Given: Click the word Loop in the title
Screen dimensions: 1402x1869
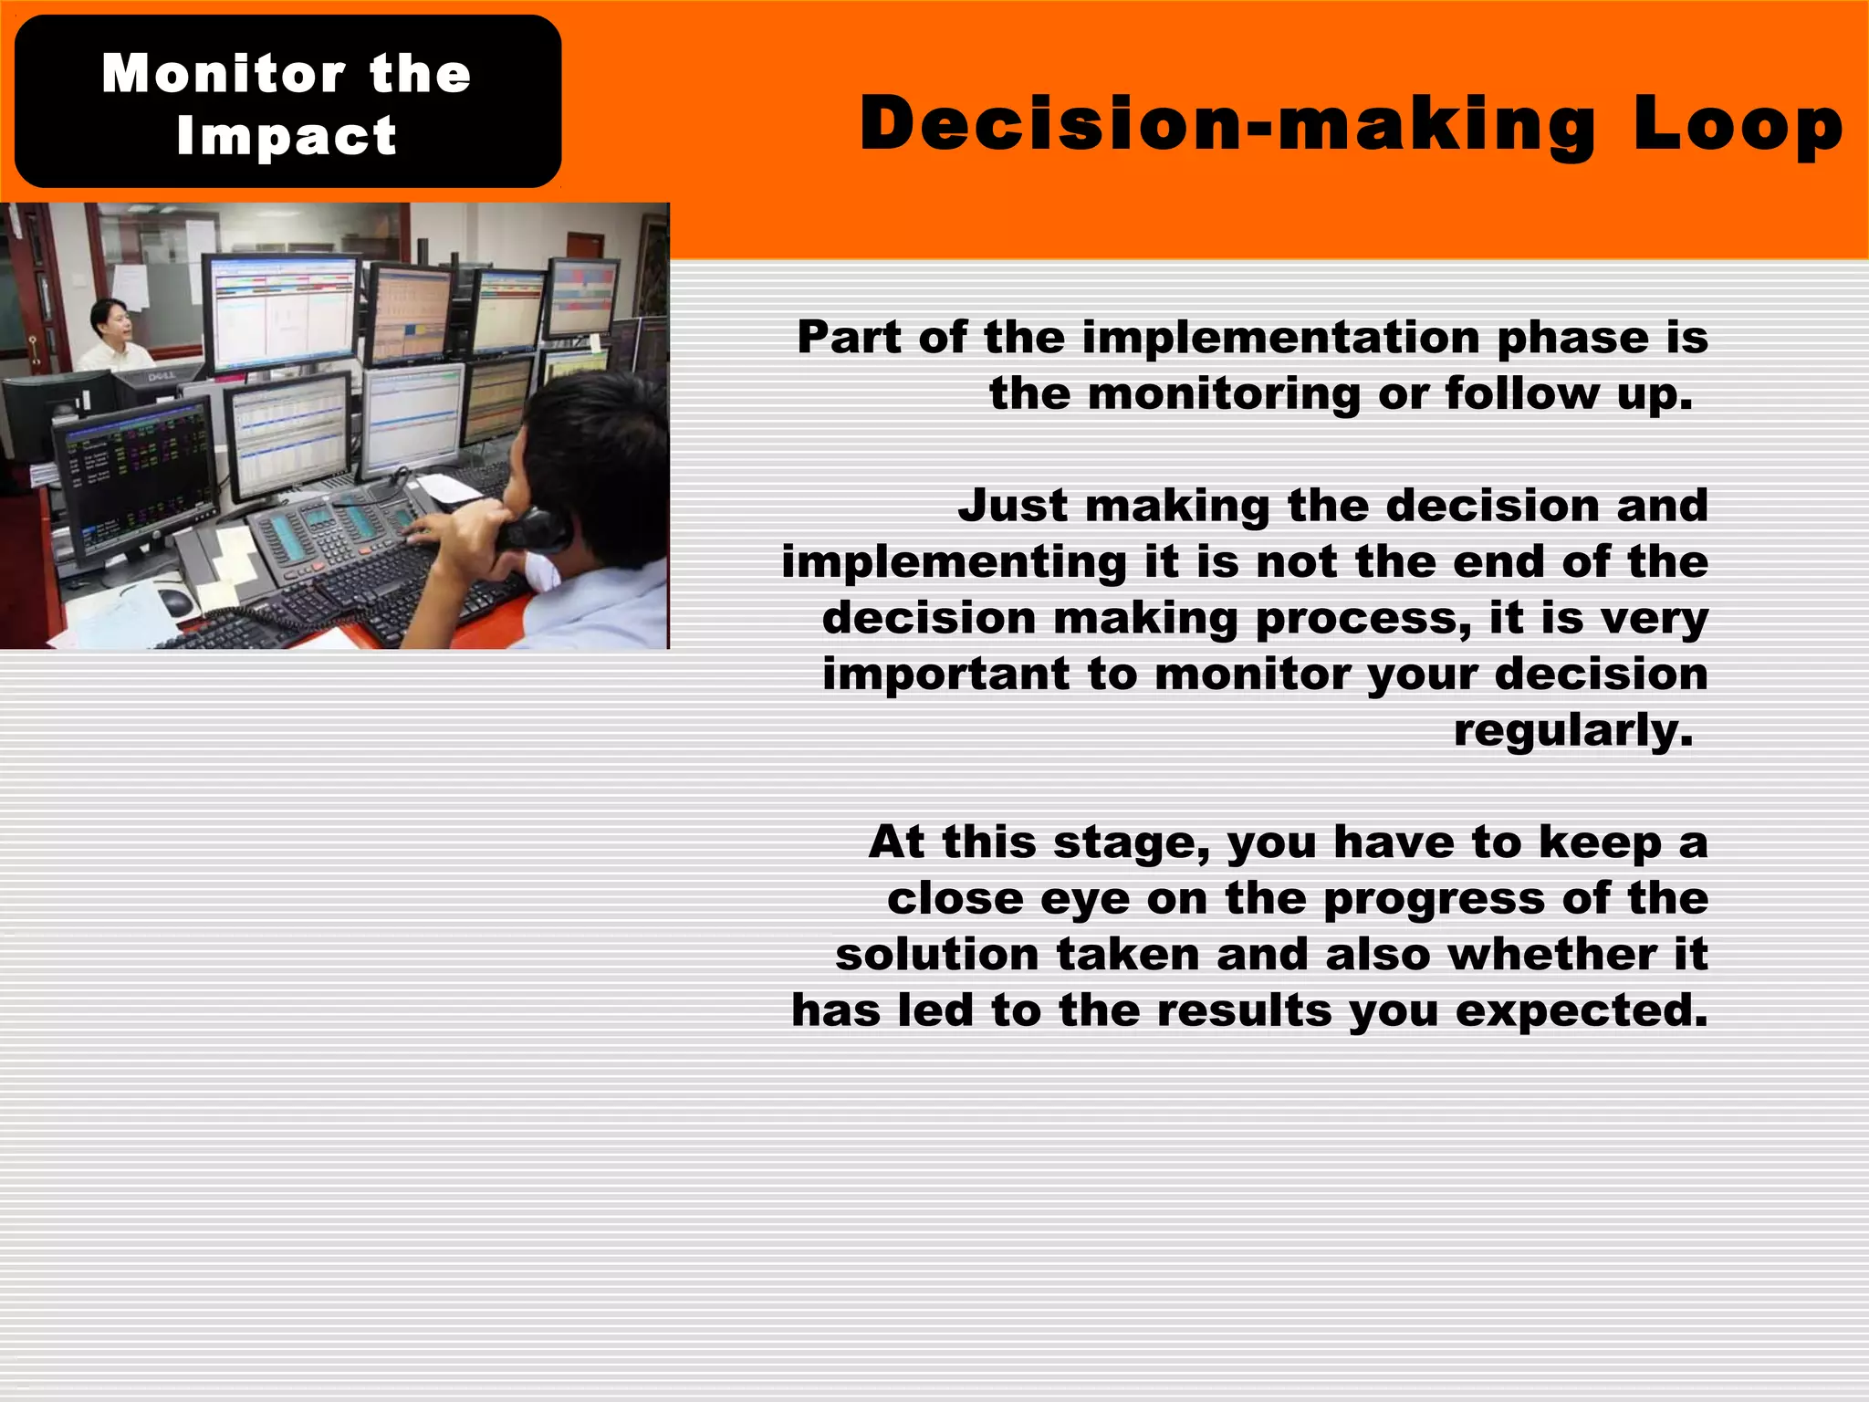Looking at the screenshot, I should [1738, 125].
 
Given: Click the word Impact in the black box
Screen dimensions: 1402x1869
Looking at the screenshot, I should [287, 136].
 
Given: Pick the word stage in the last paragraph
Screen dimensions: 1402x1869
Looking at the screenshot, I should [1131, 842].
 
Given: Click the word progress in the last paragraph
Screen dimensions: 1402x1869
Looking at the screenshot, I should [1434, 898].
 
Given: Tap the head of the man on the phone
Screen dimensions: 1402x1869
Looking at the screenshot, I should [584, 438].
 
